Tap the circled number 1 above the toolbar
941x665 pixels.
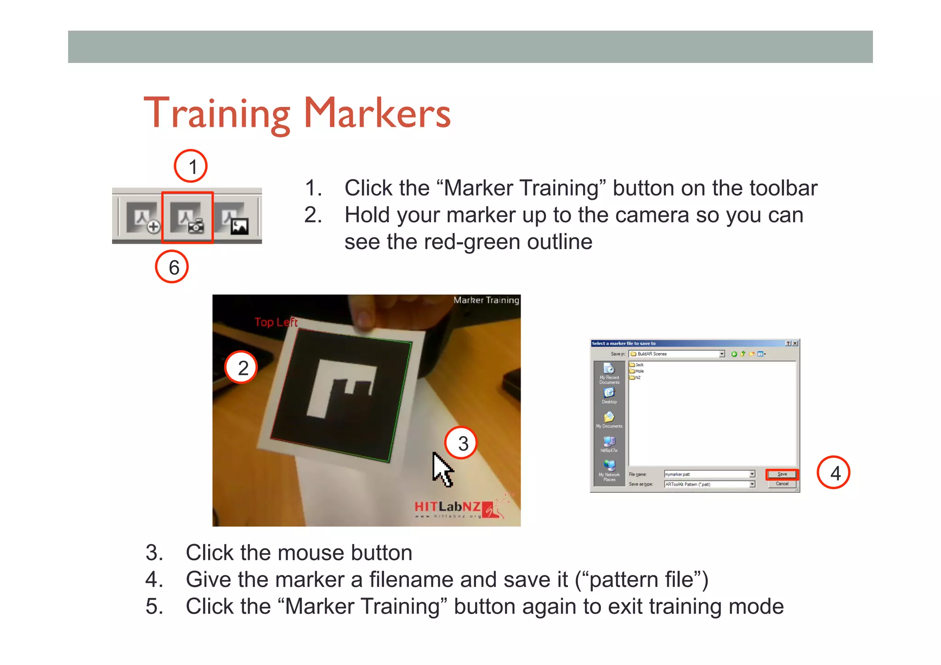(191, 166)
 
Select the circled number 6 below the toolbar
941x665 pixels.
(172, 267)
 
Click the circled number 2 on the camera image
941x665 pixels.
(241, 368)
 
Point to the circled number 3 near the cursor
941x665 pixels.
(461, 443)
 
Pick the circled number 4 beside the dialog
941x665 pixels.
(833, 472)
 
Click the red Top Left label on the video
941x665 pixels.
(276, 322)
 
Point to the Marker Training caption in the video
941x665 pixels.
(486, 300)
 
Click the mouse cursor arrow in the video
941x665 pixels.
(442, 468)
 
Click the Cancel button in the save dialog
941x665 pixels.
(782, 484)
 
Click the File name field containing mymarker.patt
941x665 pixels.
(707, 474)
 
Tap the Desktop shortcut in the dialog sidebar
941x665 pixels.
(609, 395)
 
